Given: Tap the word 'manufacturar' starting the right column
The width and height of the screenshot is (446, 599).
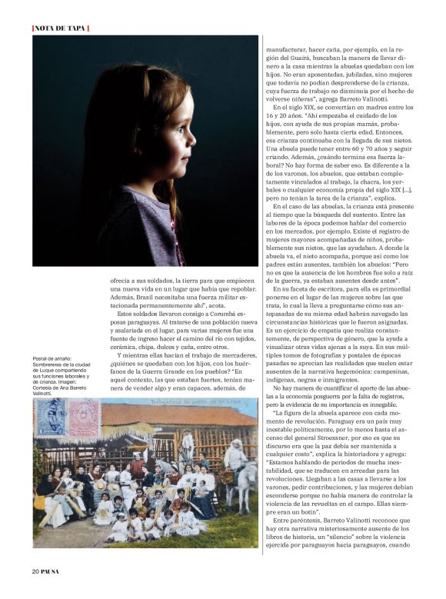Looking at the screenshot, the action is tap(286, 48).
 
